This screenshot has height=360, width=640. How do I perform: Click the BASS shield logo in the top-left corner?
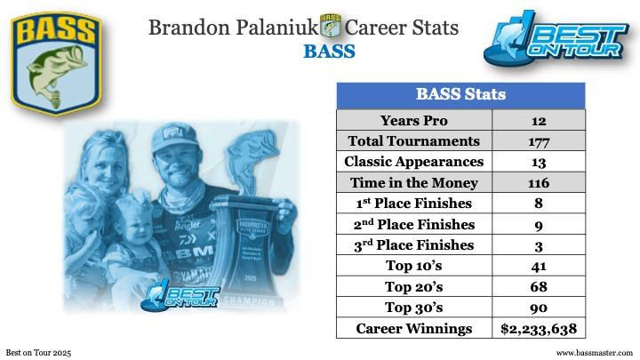click(x=56, y=64)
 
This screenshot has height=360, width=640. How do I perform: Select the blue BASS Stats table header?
click(x=460, y=95)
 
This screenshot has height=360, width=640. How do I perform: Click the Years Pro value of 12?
click(x=539, y=121)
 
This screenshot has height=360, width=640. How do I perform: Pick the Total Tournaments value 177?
click(x=539, y=141)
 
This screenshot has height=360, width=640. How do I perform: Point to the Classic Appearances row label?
click(x=414, y=162)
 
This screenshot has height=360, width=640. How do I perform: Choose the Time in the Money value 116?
click(x=539, y=183)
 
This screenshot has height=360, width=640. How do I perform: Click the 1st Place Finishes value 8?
click(x=539, y=204)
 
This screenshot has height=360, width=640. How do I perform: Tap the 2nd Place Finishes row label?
click(x=414, y=224)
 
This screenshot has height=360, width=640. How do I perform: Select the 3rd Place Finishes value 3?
click(x=539, y=246)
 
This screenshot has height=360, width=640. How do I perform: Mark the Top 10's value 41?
click(x=539, y=266)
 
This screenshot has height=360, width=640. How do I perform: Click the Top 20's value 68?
click(x=539, y=286)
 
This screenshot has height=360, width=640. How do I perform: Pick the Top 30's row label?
click(x=414, y=308)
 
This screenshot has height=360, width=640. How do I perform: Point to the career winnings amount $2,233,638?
click(x=539, y=329)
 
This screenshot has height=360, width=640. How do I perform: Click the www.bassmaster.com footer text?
click(x=595, y=353)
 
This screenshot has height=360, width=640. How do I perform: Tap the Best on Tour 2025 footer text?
click(x=38, y=353)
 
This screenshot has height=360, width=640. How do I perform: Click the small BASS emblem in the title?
click(x=331, y=26)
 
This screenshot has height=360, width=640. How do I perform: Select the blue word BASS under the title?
click(x=330, y=52)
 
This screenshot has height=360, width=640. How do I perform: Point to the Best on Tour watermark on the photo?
click(x=180, y=296)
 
